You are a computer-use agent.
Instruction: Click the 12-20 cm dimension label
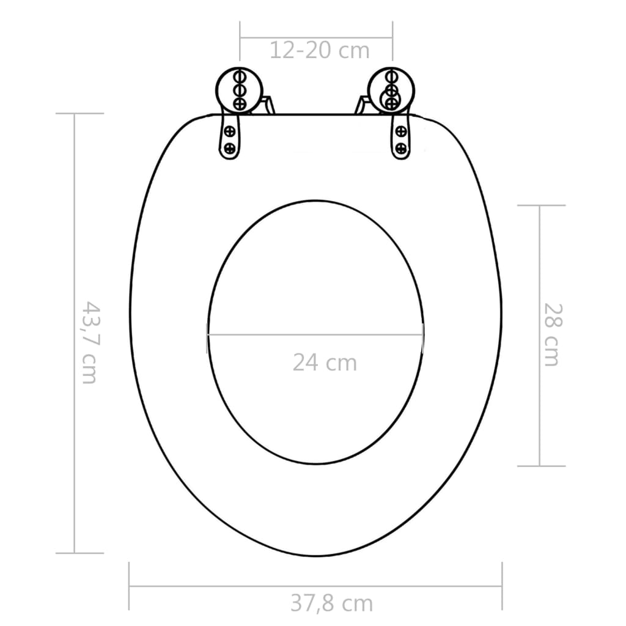320,50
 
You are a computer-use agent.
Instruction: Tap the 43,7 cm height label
89,342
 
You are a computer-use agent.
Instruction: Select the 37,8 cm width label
331,603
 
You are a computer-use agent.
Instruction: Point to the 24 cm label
324,363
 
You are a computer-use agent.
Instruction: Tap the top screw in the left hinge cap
240,78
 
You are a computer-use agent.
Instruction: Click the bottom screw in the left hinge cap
240,103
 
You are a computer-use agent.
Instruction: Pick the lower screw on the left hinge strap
230,147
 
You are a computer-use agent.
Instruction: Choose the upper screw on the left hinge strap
230,130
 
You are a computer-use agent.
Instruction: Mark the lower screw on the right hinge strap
401,147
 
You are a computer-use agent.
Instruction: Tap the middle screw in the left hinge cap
240,90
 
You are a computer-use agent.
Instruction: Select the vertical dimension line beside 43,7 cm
75,245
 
